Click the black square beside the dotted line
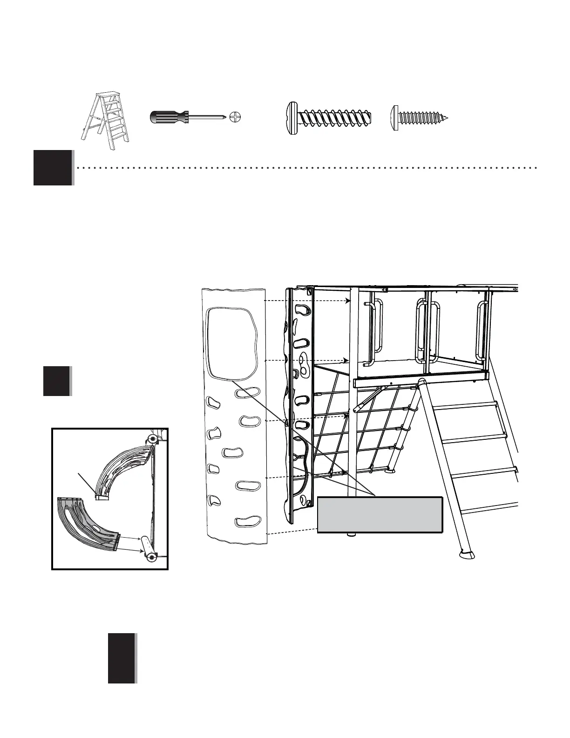[x=53, y=167]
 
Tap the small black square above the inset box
[x=56, y=381]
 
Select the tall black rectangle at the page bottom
[x=122, y=658]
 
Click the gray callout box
[x=380, y=514]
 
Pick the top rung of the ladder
[x=470, y=405]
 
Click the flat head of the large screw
[x=290, y=117]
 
